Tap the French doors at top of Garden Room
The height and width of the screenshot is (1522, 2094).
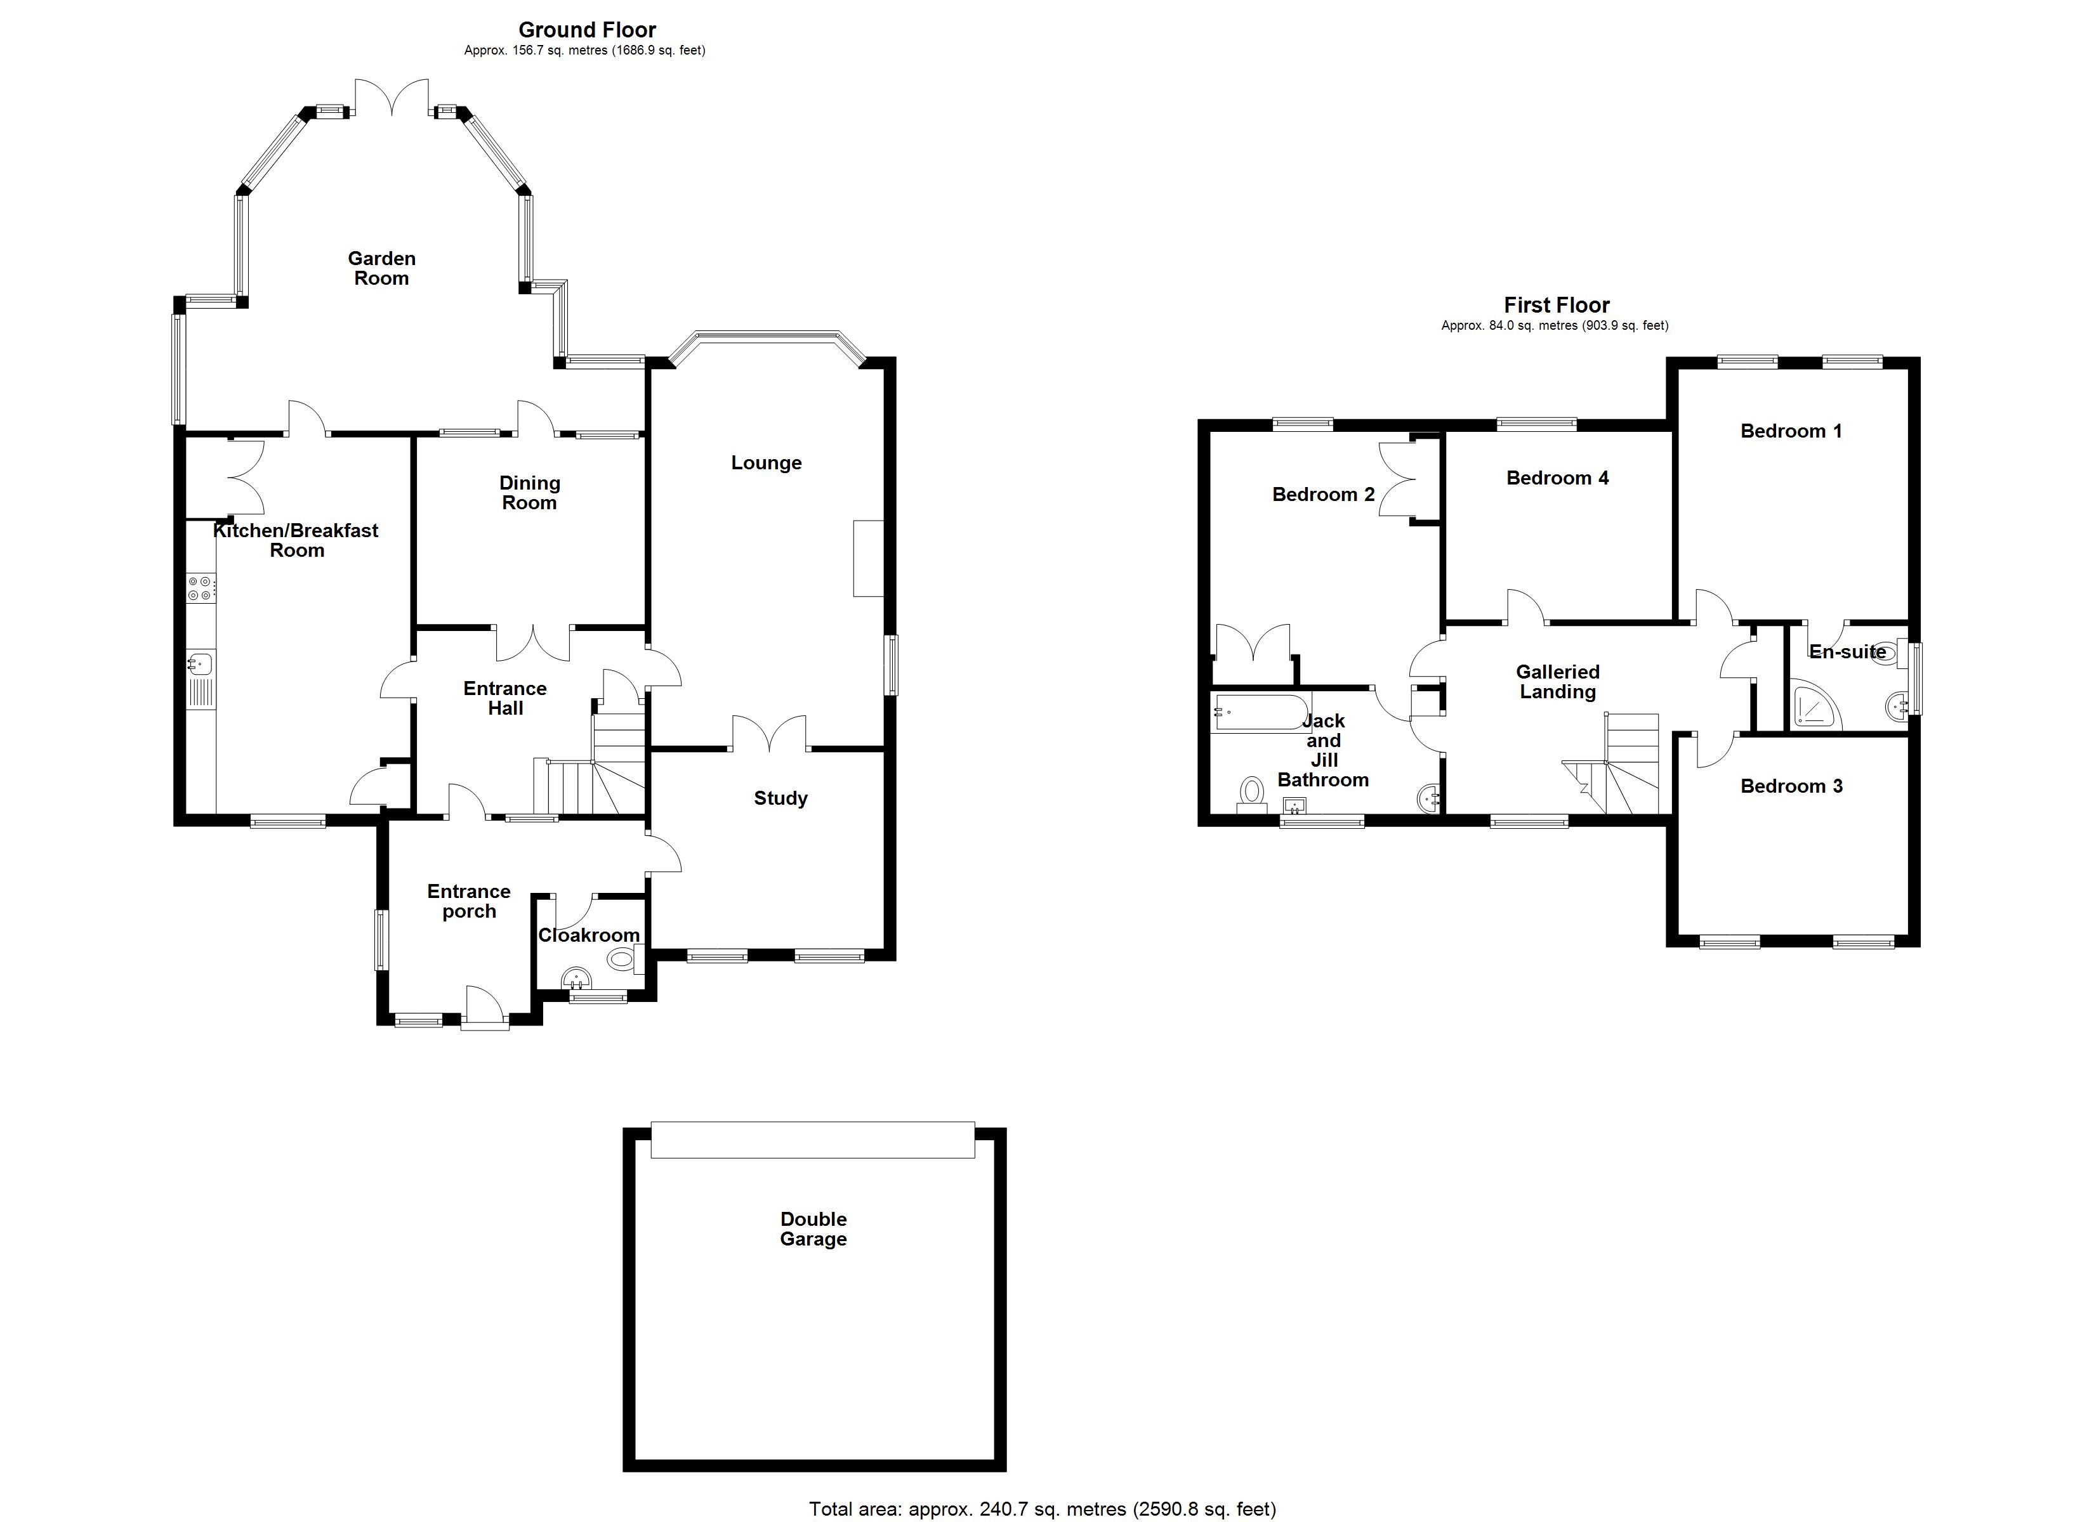(x=392, y=98)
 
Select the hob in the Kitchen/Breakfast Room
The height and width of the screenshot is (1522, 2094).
(x=201, y=588)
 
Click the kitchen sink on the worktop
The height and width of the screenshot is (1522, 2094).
(x=199, y=663)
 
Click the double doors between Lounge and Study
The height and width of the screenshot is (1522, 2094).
(x=769, y=733)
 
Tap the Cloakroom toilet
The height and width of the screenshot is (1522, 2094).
(x=624, y=960)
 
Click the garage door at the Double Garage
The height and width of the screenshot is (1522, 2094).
(x=812, y=1140)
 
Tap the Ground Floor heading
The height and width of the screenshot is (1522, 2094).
(x=587, y=30)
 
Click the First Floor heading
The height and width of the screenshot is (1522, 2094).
(x=1557, y=304)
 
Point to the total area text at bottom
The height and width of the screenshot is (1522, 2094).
(x=1043, y=1509)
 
